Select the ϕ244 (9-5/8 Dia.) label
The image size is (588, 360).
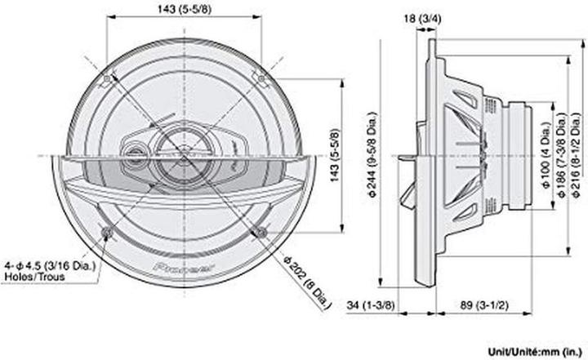372,155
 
